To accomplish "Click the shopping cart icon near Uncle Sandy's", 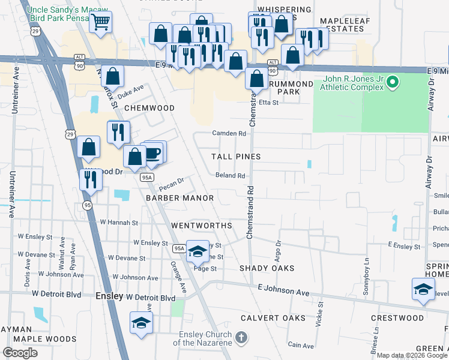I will (x=100, y=22).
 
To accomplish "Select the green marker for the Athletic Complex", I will (x=393, y=80).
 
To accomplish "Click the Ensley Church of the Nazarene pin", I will (x=241, y=337).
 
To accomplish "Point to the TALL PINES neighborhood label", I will (x=236, y=157).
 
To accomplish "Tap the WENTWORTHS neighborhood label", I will (x=202, y=226).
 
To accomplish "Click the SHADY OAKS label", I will (x=267, y=268).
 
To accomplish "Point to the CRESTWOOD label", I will (x=397, y=317).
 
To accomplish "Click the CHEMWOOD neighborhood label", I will (x=149, y=108).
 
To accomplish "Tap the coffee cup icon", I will (x=154, y=152).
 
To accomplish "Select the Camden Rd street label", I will (x=229, y=133).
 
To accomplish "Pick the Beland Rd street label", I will (x=231, y=176).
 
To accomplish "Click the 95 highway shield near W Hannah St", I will (x=88, y=206).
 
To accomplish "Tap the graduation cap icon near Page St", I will (x=196, y=251).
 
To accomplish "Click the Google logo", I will (x=20, y=353).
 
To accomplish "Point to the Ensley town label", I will (x=109, y=296).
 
